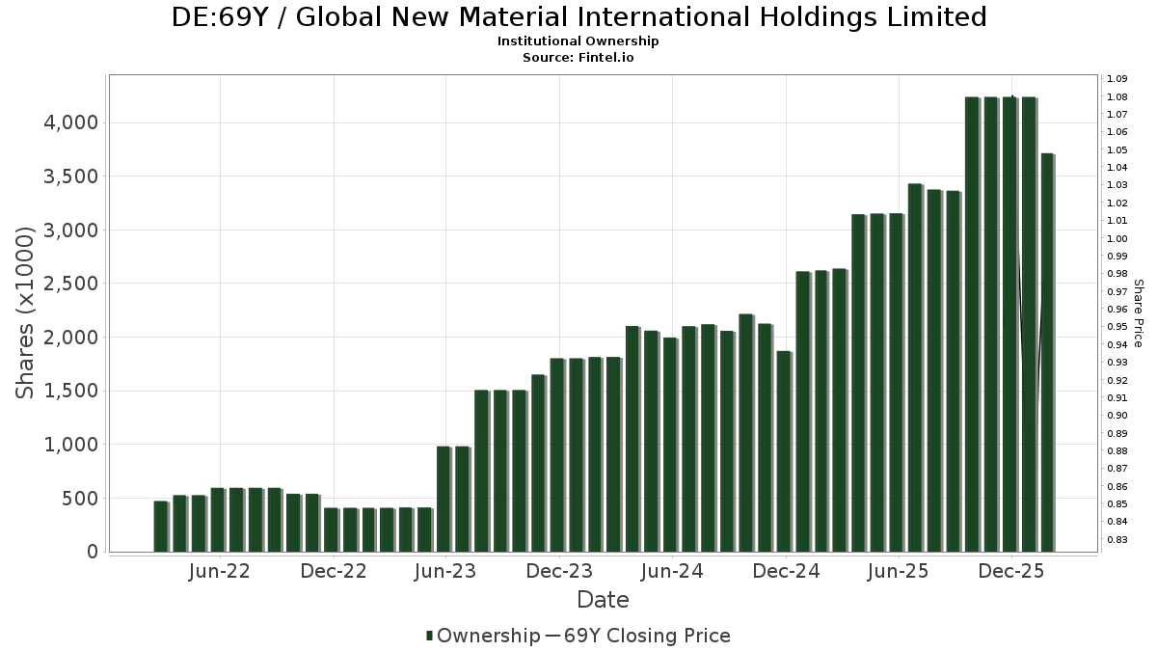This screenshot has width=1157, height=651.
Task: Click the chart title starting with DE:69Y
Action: click(x=578, y=17)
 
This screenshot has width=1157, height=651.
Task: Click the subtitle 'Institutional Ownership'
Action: click(x=578, y=41)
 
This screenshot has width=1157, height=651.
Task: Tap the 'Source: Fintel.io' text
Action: click(x=578, y=58)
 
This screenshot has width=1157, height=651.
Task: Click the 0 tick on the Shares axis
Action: click(x=92, y=552)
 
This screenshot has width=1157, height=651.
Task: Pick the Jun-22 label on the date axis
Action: click(x=220, y=571)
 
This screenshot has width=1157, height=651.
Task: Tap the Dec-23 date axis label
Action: click(x=559, y=571)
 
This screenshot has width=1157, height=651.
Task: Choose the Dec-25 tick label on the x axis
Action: click(x=1011, y=571)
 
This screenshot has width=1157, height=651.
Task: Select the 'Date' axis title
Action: click(x=603, y=600)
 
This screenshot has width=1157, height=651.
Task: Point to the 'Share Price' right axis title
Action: click(x=1138, y=313)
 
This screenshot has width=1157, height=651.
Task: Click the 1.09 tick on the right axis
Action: click(x=1117, y=79)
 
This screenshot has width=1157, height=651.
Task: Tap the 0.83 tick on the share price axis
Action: click(x=1117, y=540)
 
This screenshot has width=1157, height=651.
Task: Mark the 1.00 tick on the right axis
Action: click(x=1117, y=238)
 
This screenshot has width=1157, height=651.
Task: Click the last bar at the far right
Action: click(x=1047, y=353)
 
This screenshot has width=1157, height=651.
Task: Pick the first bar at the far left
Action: click(x=160, y=527)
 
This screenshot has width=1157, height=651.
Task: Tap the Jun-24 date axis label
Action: click(x=672, y=571)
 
